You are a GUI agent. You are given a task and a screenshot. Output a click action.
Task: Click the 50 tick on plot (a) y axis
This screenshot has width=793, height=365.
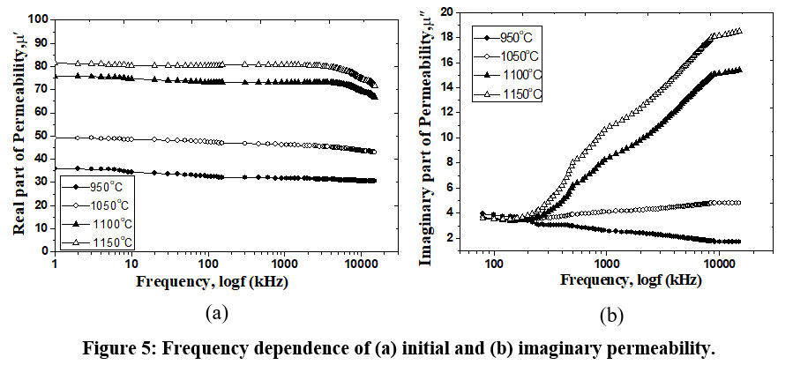40,135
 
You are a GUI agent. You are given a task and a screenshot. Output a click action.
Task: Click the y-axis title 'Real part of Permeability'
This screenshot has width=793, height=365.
18,132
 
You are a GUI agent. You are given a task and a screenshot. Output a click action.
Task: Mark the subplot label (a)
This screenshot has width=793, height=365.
218,313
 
